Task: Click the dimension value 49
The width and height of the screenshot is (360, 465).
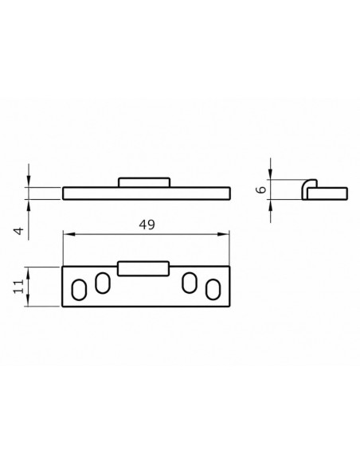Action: pos(147,225)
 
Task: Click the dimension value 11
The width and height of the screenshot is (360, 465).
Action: pos(18,286)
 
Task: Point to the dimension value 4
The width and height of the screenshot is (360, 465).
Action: pos(18,231)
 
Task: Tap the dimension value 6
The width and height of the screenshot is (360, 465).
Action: pos(261,190)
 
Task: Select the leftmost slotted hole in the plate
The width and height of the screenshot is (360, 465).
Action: pos(79,290)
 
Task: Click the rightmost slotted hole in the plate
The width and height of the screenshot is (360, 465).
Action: pos(213,290)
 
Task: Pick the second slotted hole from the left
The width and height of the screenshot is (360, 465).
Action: pos(102,283)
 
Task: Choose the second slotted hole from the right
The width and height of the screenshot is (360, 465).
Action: pos(190,283)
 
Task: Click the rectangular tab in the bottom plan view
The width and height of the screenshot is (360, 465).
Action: pos(143,268)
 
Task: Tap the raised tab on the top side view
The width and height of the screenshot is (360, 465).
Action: pos(144,182)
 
